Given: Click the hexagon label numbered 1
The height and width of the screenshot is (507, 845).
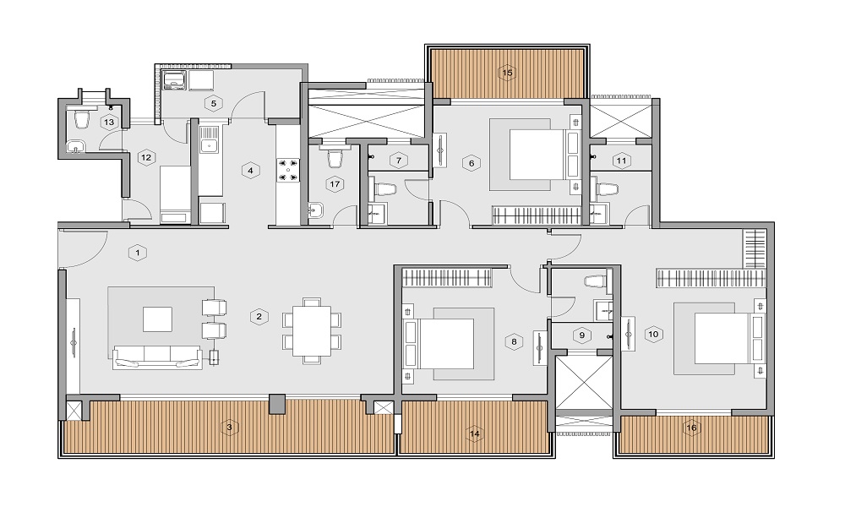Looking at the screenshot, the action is (138, 253).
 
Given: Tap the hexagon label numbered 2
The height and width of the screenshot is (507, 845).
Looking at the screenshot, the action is (259, 317).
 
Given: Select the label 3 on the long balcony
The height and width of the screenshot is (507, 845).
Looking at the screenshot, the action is (229, 428).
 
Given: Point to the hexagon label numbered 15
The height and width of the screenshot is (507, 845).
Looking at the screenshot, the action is (507, 73).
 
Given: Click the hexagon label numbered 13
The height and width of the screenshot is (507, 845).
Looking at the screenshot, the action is (109, 123).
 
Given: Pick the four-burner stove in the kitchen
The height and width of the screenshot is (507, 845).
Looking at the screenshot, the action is (288, 169).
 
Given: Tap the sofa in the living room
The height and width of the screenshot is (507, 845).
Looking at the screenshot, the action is (156, 357).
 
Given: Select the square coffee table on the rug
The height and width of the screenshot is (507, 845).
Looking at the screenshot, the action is (157, 319).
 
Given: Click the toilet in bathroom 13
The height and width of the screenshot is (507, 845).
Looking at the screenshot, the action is (81, 120).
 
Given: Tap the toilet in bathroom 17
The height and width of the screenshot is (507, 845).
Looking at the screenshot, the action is (335, 158).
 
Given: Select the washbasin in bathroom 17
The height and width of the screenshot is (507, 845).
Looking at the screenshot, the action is (316, 210).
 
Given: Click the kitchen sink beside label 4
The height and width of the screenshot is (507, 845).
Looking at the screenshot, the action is (208, 145).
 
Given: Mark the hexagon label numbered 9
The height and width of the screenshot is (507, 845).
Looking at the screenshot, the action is (582, 335).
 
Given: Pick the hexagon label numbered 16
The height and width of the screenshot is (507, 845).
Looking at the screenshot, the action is (691, 428).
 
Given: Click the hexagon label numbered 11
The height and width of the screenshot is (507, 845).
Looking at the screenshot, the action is (621, 161).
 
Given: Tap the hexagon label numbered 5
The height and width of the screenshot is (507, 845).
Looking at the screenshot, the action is (214, 103).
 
